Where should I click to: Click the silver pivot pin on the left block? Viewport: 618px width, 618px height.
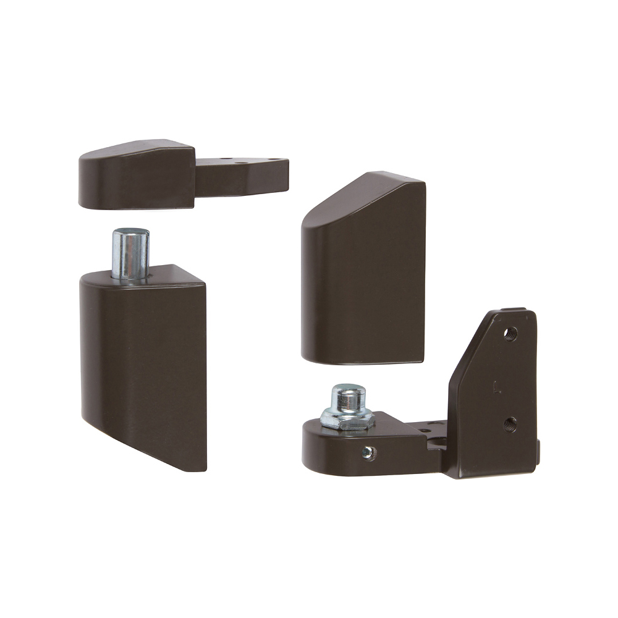coord(130,255)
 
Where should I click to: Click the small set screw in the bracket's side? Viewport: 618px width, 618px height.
coord(368,453)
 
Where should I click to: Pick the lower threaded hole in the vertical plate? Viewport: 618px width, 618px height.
coord(510,424)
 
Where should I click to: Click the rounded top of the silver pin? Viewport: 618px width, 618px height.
coord(130,233)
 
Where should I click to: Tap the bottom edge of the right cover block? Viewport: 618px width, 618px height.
coord(362,360)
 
